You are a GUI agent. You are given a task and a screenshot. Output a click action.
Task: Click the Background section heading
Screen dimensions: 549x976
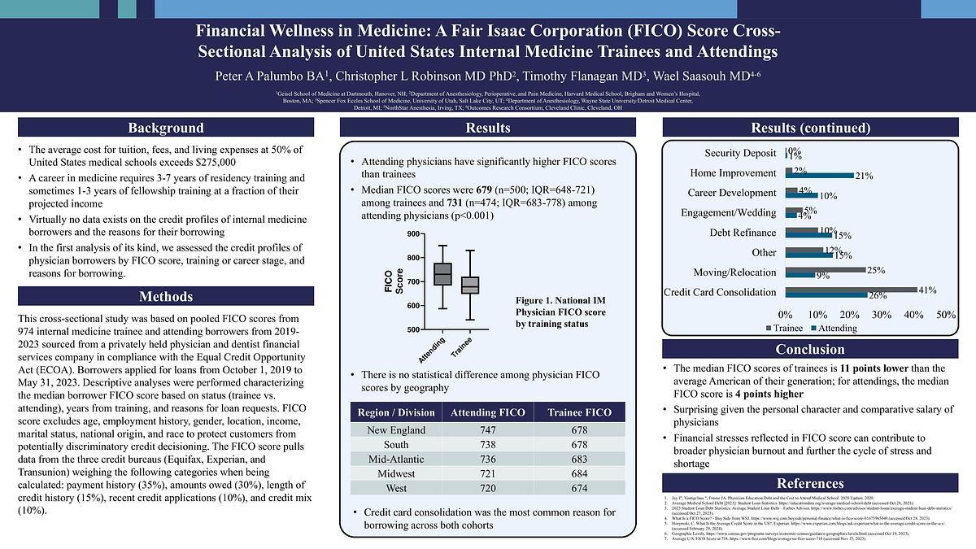(x=165, y=128)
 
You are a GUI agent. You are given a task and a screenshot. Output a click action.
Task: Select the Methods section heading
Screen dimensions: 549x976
(x=165, y=296)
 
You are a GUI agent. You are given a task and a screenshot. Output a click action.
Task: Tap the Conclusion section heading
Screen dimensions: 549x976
(x=809, y=349)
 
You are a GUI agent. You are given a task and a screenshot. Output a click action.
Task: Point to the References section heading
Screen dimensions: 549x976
(x=809, y=483)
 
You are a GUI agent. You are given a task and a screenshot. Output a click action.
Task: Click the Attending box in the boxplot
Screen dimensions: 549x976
(x=442, y=274)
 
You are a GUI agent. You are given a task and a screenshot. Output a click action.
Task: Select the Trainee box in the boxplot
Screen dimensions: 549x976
(x=470, y=285)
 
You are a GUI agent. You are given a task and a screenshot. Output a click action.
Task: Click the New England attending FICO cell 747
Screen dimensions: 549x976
(x=484, y=430)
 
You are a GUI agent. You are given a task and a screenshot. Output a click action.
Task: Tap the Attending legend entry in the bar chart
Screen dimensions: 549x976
(x=834, y=328)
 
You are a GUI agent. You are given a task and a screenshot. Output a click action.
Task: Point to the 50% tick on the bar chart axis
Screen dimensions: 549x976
(x=946, y=314)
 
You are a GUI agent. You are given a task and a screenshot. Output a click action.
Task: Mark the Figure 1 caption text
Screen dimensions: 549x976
(x=560, y=312)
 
